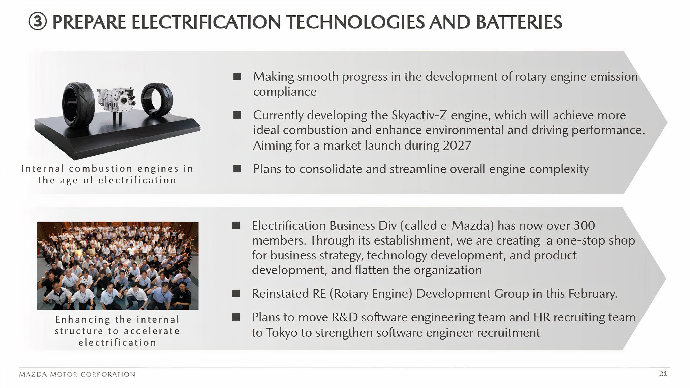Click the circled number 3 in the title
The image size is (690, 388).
click(37, 22)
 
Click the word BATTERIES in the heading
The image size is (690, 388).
click(519, 22)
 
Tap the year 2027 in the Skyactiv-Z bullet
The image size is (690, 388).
click(457, 145)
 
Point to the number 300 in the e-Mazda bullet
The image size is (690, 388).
click(584, 225)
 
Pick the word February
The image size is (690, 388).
click(593, 294)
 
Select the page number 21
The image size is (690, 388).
click(663, 374)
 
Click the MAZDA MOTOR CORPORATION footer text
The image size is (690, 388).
click(77, 374)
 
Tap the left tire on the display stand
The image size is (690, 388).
click(79, 104)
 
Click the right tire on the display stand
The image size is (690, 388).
click(157, 100)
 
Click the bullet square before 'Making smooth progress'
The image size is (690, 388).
click(237, 76)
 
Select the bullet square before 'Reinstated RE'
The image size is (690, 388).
click(236, 293)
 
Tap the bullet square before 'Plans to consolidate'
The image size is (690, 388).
click(237, 168)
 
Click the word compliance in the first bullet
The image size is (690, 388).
click(285, 92)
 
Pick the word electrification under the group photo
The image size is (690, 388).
click(117, 343)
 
